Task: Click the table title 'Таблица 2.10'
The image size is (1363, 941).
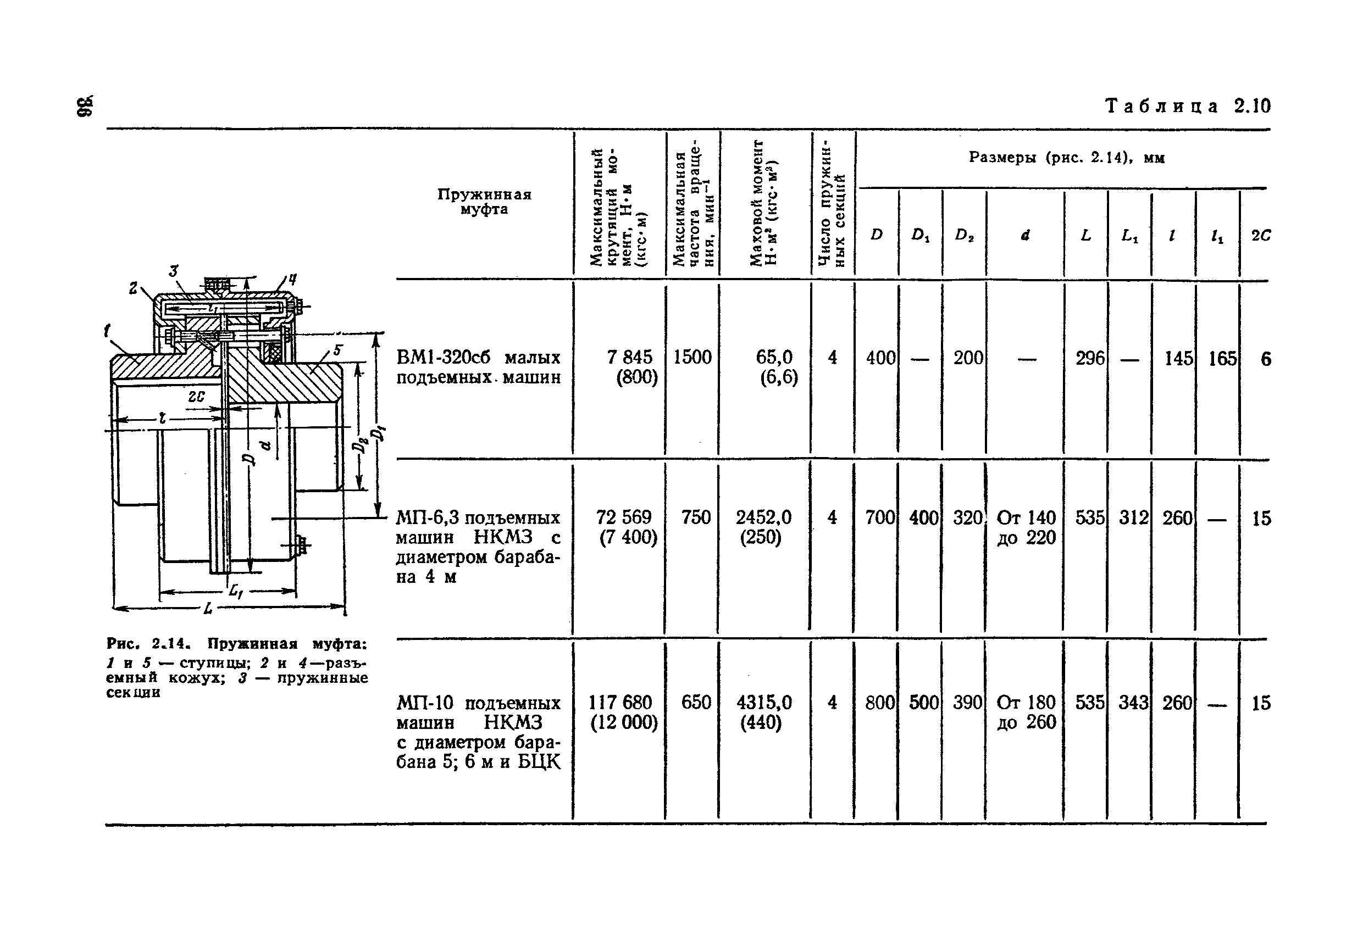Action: (x=1187, y=106)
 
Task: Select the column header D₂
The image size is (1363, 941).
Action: (x=965, y=235)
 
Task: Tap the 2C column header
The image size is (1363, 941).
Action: (x=1261, y=235)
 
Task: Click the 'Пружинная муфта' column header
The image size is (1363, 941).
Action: (x=484, y=202)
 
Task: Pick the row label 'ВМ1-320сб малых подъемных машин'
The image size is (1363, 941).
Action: (x=478, y=367)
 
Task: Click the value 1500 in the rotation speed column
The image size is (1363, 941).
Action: (x=692, y=357)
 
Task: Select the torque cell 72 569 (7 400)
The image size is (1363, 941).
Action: (x=626, y=527)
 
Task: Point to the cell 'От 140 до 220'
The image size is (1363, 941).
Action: (x=1026, y=528)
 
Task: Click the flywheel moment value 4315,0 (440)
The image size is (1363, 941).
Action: (x=764, y=712)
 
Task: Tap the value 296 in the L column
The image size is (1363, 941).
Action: (x=1089, y=358)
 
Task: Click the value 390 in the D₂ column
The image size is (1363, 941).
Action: (x=967, y=703)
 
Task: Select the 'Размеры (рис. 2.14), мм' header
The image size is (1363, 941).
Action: (x=1066, y=158)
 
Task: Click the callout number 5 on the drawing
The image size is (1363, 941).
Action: (x=337, y=350)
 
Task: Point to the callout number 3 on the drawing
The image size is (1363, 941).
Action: (x=173, y=271)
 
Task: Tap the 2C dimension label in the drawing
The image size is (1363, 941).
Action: (x=196, y=397)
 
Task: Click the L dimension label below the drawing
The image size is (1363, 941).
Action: (x=208, y=609)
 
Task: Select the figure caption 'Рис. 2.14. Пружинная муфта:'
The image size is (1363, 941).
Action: (x=236, y=643)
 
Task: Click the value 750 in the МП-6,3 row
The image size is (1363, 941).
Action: (x=696, y=517)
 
